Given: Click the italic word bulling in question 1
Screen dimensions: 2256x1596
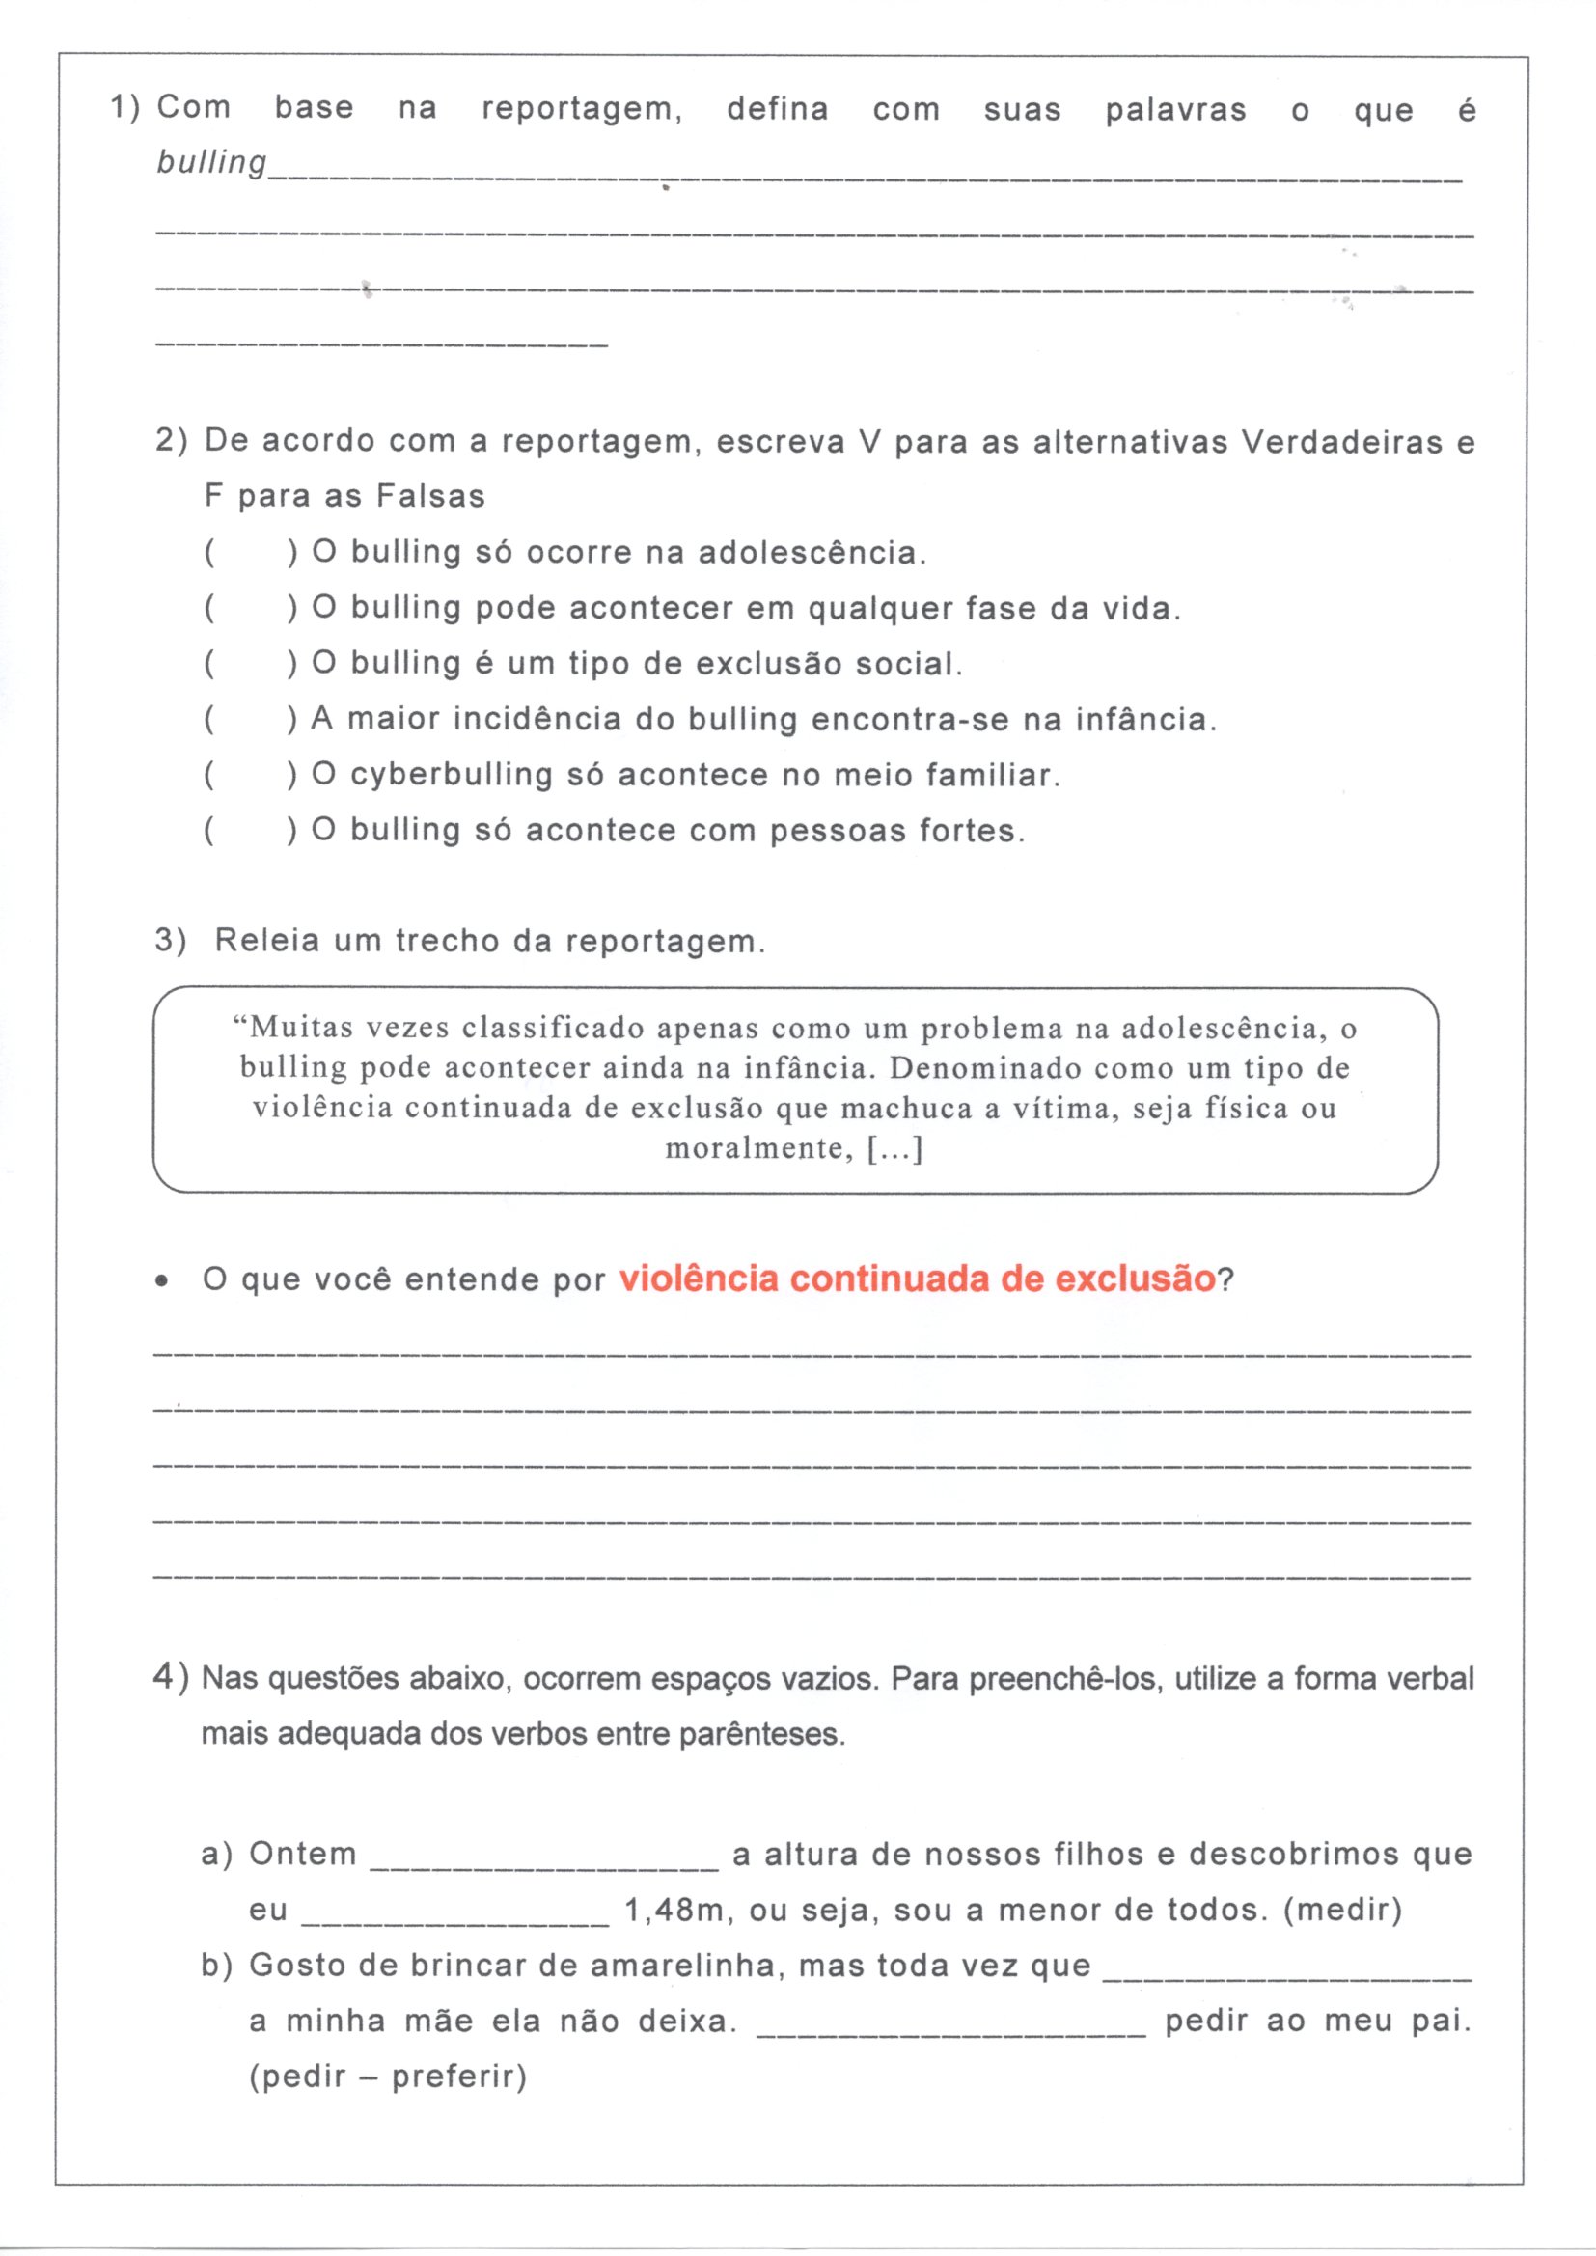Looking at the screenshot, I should pos(211,163).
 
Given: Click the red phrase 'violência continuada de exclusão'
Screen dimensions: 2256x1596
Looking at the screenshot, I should pos(918,1279).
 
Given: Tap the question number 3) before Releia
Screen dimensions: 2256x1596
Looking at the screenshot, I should pos(170,941).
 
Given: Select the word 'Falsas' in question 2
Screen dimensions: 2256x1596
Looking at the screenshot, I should pos(430,496).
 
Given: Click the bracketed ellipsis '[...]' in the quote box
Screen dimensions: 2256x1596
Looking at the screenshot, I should pos(894,1148).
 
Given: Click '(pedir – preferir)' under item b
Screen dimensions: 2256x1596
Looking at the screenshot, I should pos(388,2076).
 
